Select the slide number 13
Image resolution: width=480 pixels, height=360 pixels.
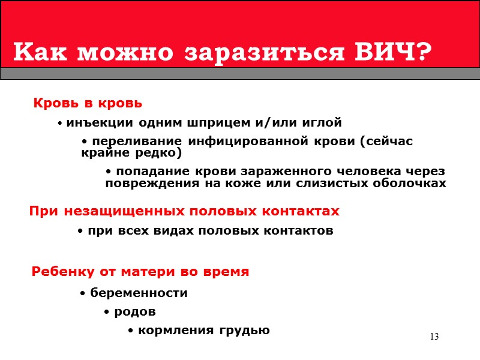click(434, 337)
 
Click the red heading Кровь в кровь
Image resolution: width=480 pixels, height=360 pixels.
click(88, 103)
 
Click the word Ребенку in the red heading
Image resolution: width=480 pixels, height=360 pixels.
click(61, 272)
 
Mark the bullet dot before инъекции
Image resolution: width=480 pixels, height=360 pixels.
click(61, 124)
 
